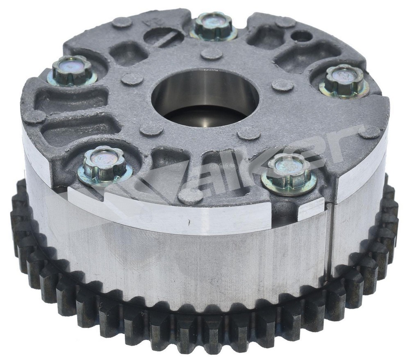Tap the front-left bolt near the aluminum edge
104,164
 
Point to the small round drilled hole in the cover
302,36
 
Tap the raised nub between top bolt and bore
212,53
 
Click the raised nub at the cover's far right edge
369,132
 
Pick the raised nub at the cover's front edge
190,196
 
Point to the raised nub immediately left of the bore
132,79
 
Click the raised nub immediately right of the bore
282,85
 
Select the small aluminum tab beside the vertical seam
312,209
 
